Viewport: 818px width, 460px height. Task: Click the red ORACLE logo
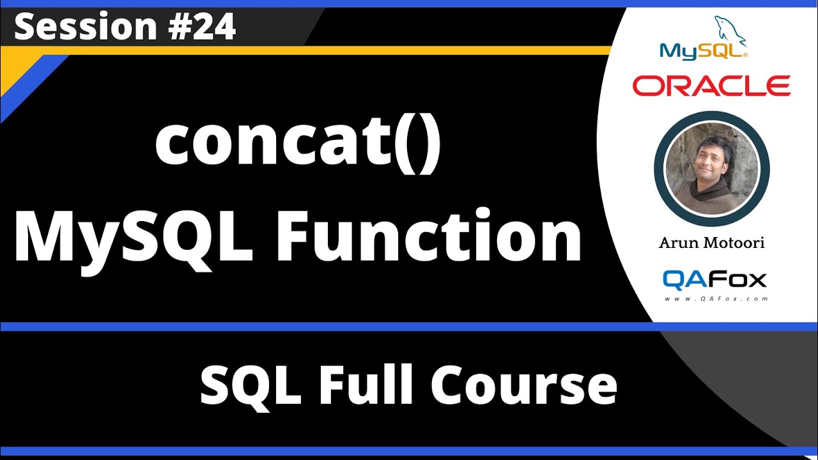(711, 86)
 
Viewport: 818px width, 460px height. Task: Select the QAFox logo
(714, 279)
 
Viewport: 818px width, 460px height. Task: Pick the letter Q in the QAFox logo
(675, 279)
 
